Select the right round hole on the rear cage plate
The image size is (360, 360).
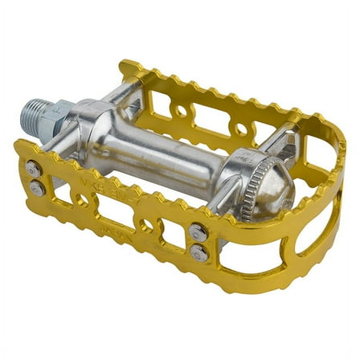point(239,129)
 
